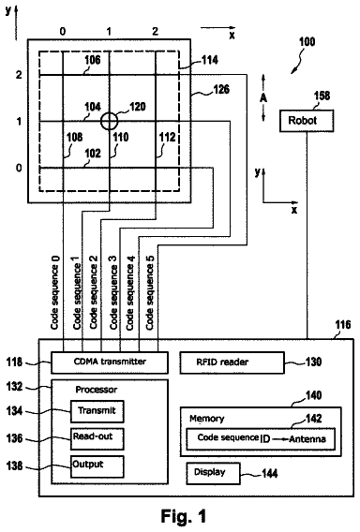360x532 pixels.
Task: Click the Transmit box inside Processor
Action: click(97, 411)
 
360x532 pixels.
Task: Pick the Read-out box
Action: click(97, 438)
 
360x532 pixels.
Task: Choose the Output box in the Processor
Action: click(97, 466)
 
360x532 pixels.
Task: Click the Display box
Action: click(214, 473)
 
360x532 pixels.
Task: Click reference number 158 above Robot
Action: click(322, 96)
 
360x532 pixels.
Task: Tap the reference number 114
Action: click(210, 60)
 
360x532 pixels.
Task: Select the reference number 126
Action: click(221, 89)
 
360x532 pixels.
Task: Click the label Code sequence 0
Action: click(55, 292)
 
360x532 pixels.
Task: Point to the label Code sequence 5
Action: click(150, 292)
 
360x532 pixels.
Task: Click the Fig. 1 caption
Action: click(184, 516)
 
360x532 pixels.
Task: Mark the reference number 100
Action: click(307, 42)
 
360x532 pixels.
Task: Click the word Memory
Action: click(207, 419)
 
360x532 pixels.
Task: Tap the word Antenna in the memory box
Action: click(307, 438)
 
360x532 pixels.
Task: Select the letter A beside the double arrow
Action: click(263, 98)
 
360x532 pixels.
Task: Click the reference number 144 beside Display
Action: click(270, 473)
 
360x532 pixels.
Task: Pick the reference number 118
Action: click(14, 362)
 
